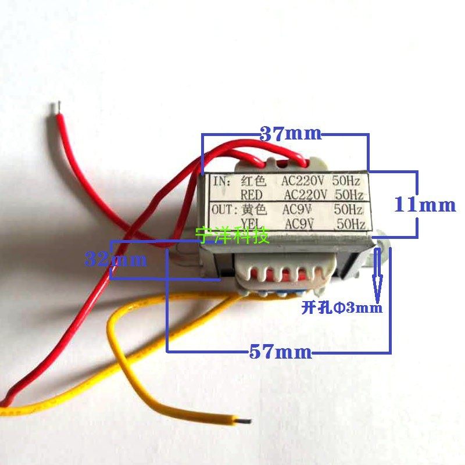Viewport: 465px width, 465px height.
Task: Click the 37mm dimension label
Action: coord(290,134)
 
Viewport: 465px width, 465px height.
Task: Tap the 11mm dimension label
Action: coord(425,205)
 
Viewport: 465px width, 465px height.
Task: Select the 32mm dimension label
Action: coord(116,259)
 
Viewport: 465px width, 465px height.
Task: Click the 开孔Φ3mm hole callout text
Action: coord(342,308)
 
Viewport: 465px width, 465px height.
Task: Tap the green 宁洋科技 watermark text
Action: coord(233,235)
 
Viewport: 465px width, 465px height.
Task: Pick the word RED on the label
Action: coord(252,194)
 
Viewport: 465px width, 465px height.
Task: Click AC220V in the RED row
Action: coord(306,194)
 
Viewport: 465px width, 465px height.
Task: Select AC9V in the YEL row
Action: coord(302,224)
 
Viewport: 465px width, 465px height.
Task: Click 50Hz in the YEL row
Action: coord(351,224)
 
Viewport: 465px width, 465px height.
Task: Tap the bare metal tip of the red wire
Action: coord(56,108)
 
